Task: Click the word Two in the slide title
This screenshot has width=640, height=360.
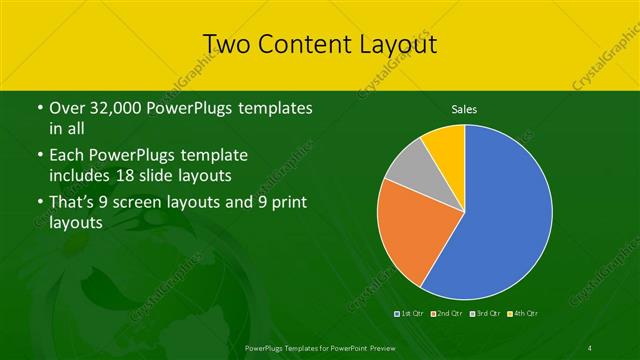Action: point(226,43)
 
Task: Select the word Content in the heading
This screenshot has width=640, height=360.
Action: point(302,43)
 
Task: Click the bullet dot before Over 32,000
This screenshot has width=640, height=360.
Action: point(38,108)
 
